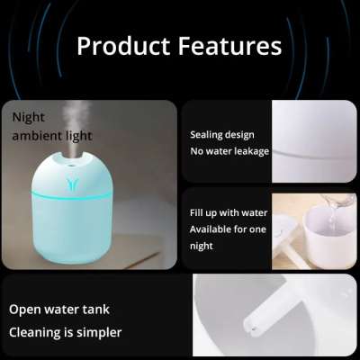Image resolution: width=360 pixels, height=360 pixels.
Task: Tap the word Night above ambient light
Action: (28, 117)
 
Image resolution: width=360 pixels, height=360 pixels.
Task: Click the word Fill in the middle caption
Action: (197, 213)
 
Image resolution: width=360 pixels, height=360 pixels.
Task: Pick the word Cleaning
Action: (40, 332)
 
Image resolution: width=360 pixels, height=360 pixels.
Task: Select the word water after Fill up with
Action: (255, 213)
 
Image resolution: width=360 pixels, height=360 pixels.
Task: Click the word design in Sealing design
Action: (241, 135)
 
